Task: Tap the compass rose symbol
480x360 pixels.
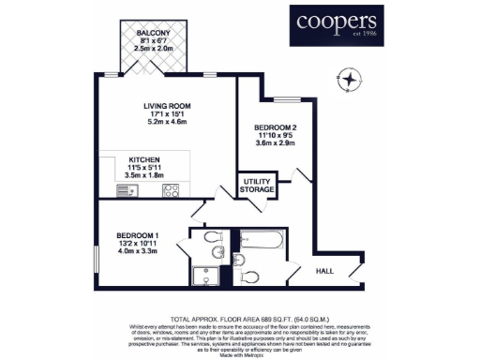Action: (x=352, y=80)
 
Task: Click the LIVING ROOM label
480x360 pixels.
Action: (x=166, y=106)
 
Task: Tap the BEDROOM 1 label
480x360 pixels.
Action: (x=136, y=234)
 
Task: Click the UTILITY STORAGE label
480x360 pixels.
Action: (x=258, y=185)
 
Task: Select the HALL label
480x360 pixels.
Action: (x=324, y=270)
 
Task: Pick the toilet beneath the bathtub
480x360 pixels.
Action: (x=249, y=277)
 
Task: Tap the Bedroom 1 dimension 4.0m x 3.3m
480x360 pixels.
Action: (x=136, y=251)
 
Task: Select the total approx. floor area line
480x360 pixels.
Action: (x=240, y=320)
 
